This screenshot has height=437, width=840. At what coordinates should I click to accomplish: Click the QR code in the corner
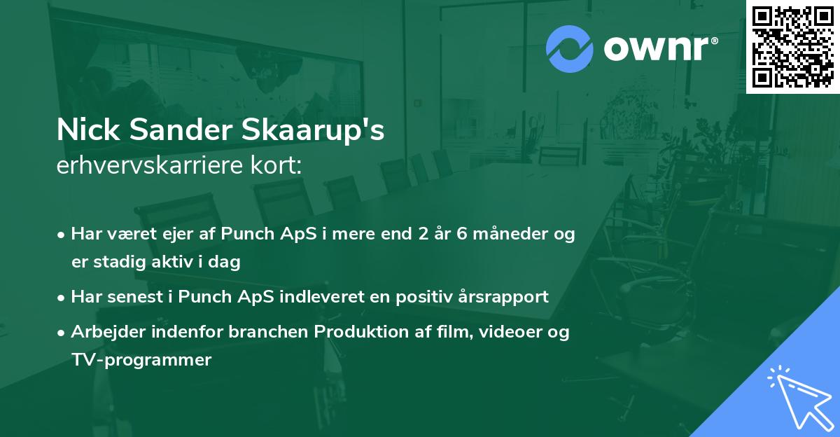[x=792, y=46]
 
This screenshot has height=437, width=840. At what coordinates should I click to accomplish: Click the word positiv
[x=430, y=297]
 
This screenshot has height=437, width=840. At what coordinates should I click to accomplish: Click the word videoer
[x=514, y=332]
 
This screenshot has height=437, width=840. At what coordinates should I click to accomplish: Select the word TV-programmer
[x=141, y=360]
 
